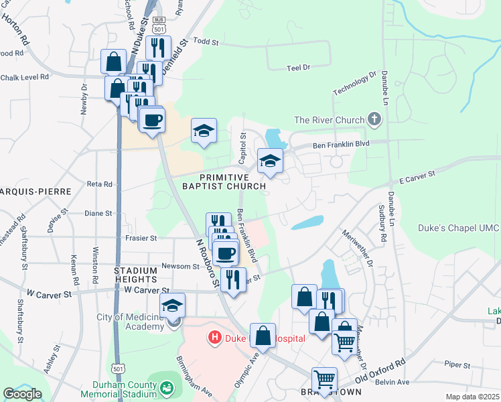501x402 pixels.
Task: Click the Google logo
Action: pyautogui.click(x=22, y=394)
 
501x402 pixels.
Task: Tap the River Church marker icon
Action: pyautogui.click(x=374, y=121)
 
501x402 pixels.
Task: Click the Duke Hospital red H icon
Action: pyautogui.click(x=214, y=338)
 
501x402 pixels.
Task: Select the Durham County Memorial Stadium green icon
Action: pyautogui.click(x=165, y=387)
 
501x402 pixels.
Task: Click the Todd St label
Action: pyautogui.click(x=206, y=42)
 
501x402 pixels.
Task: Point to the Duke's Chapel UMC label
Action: pyautogui.click(x=459, y=228)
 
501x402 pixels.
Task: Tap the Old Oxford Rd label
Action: pyautogui.click(x=380, y=371)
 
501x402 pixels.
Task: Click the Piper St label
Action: pyautogui.click(x=457, y=364)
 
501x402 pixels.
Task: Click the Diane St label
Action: pyautogui.click(x=98, y=213)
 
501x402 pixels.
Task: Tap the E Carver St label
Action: pyautogui.click(x=417, y=177)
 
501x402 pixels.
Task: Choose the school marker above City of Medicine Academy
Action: pyautogui.click(x=173, y=306)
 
